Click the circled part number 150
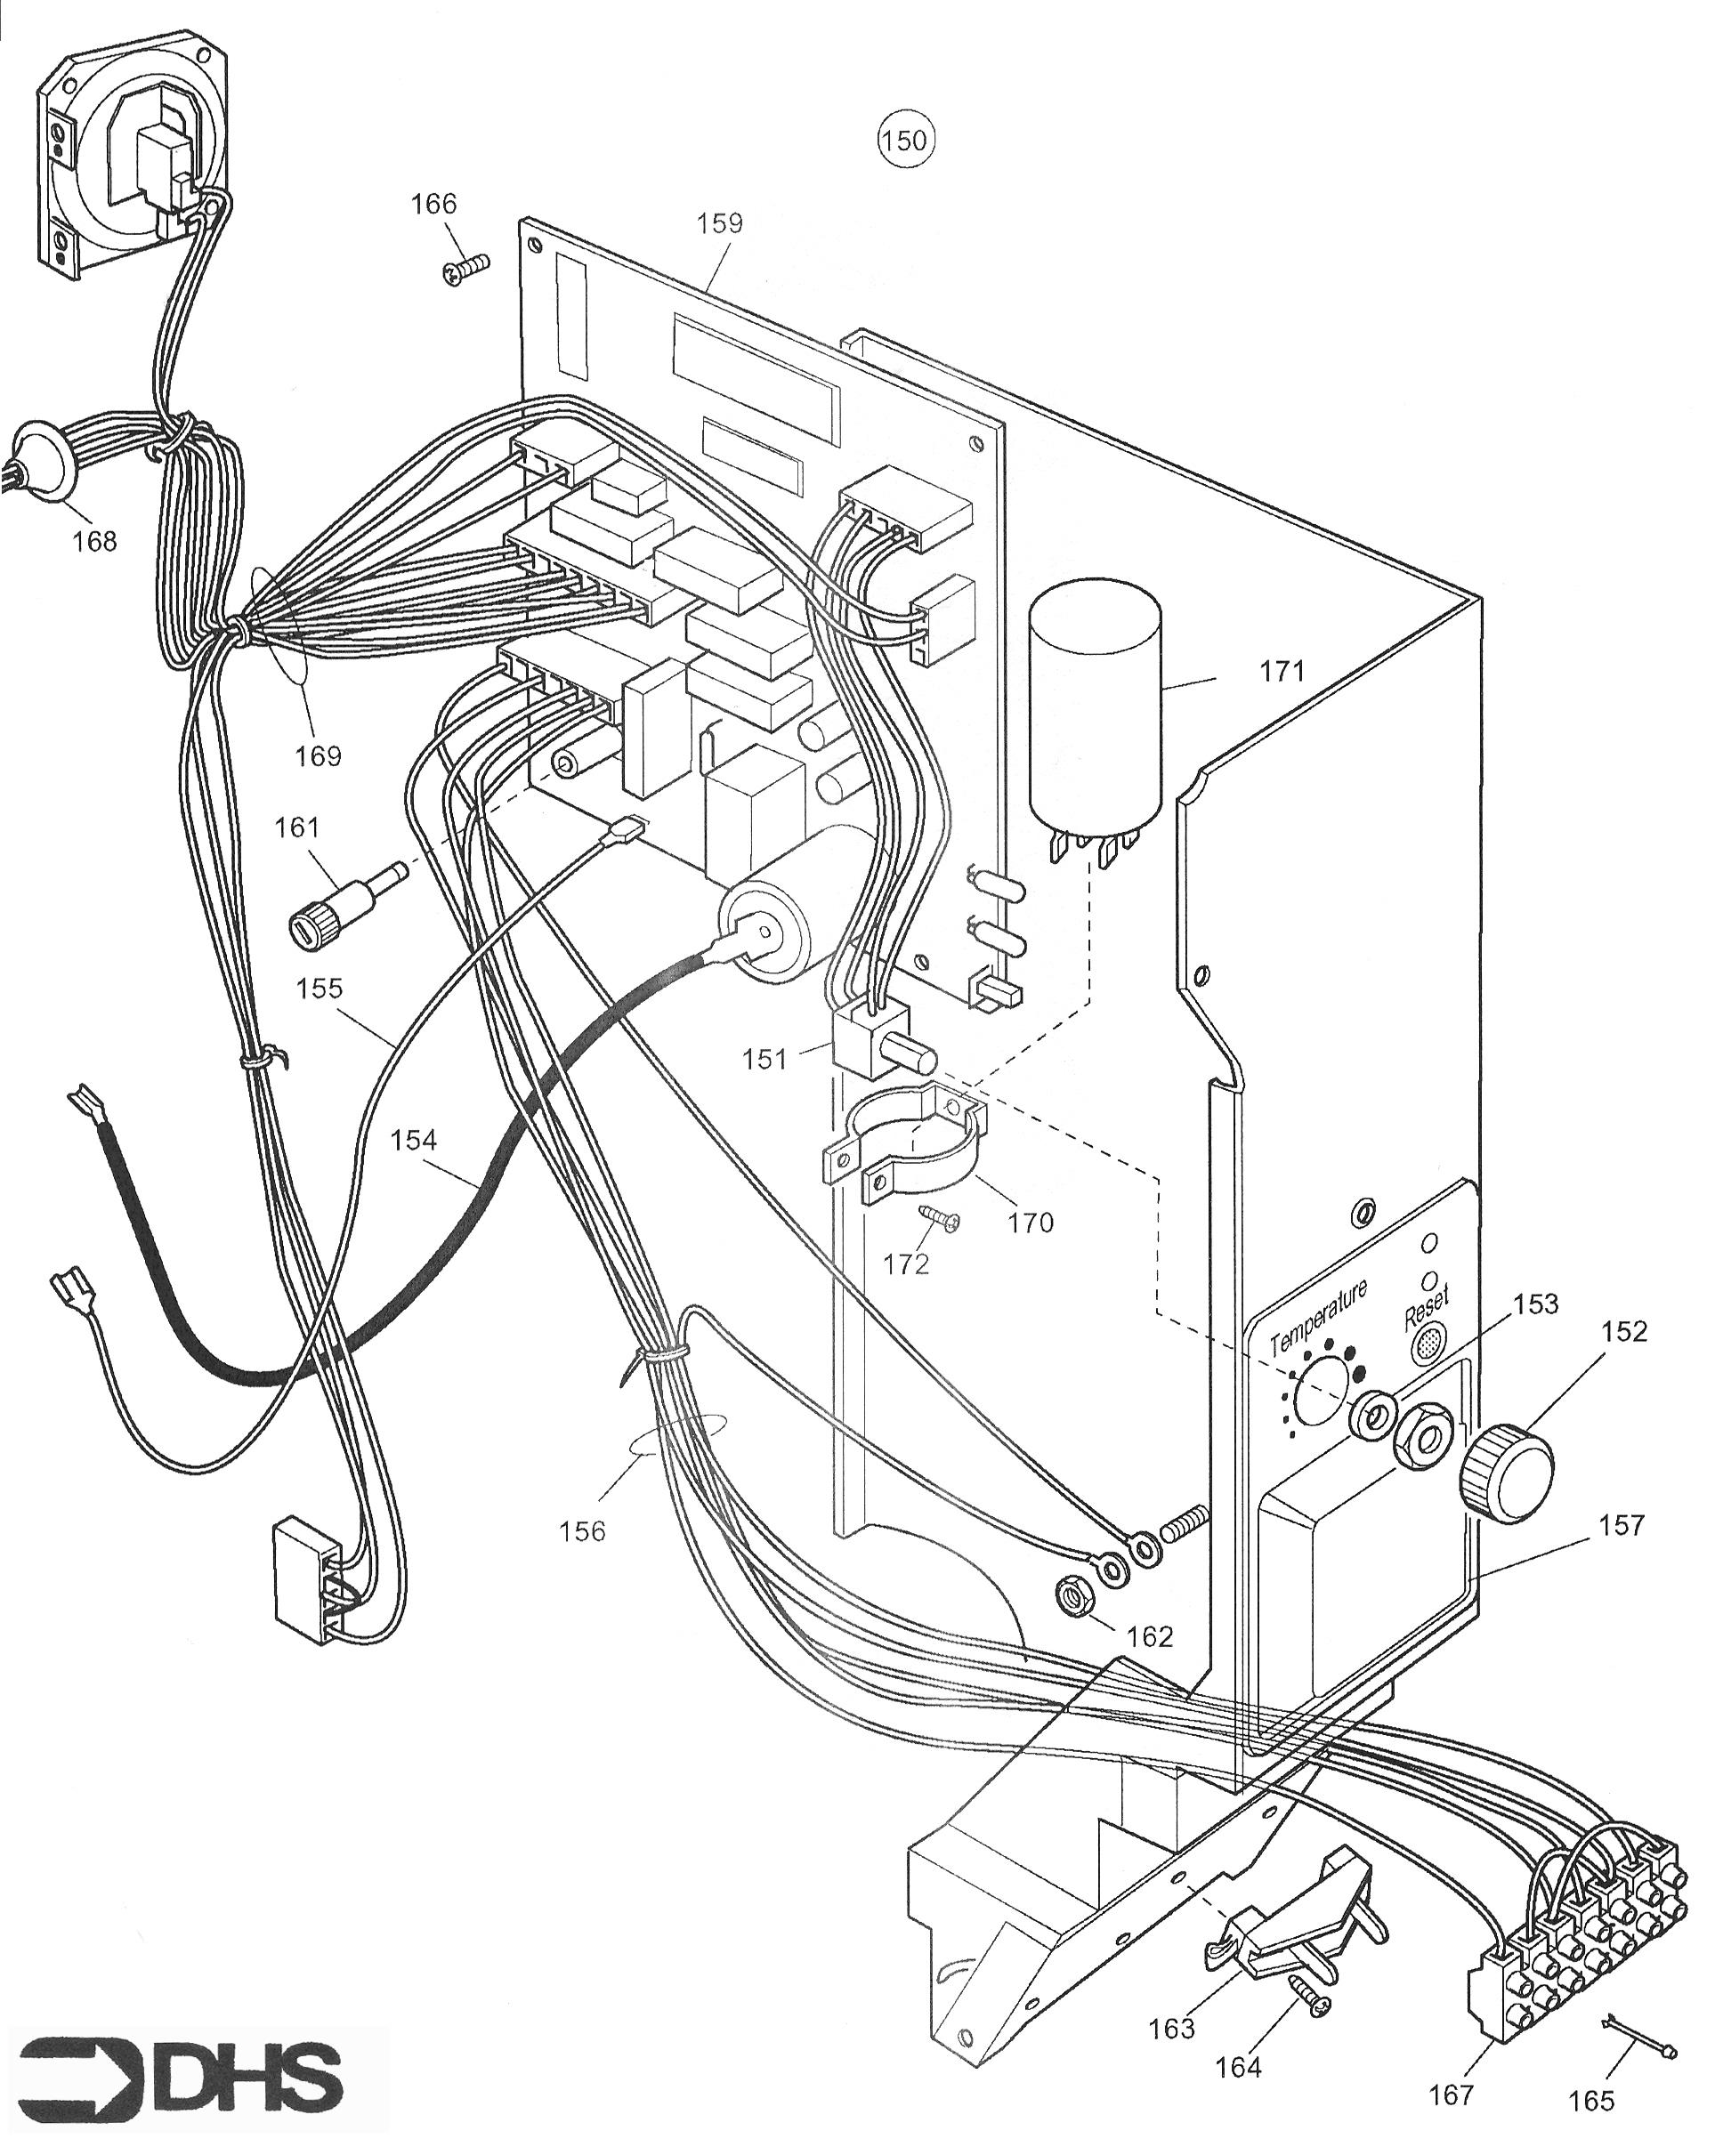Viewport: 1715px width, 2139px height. [904, 141]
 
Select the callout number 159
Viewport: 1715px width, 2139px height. [719, 223]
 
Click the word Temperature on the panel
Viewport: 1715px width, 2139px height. [1318, 1316]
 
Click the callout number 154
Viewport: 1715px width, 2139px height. [413, 1140]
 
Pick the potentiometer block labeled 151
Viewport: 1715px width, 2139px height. [873, 1041]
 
